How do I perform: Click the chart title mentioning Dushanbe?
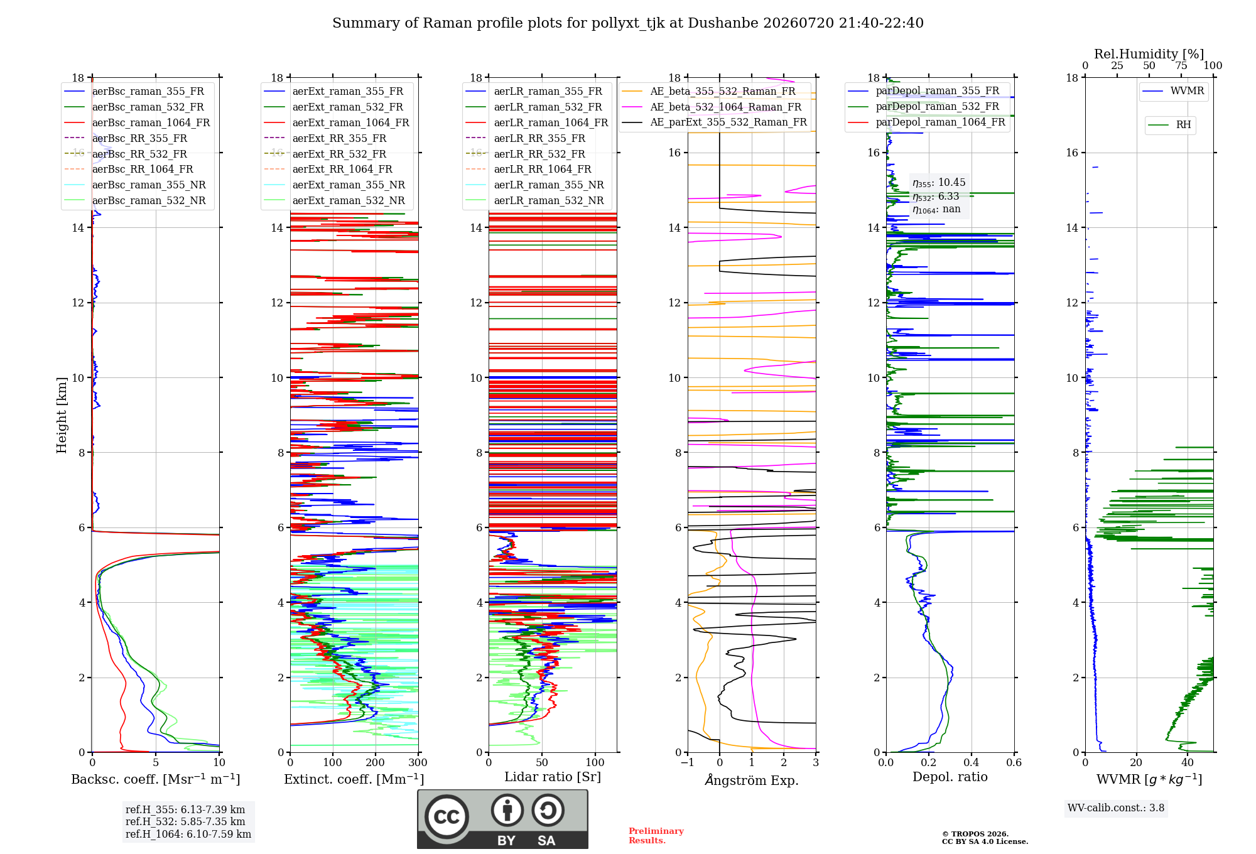click(628, 23)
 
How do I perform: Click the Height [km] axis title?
click(62, 415)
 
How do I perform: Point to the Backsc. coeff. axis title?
click(156, 779)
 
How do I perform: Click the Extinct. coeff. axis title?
click(354, 779)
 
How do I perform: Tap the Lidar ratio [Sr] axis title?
click(553, 777)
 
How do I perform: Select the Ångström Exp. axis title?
click(752, 780)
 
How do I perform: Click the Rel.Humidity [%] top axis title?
click(1149, 54)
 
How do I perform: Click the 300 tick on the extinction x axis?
click(418, 762)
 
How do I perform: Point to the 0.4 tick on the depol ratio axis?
click(971, 762)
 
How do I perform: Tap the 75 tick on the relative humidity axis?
click(1181, 65)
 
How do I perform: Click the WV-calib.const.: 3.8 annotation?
click(1116, 808)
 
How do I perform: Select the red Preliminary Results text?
click(656, 836)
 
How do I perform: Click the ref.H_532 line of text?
click(185, 821)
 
